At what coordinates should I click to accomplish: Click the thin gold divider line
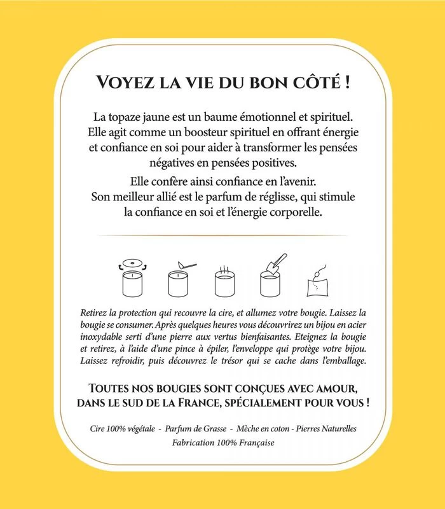[x=222, y=235]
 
